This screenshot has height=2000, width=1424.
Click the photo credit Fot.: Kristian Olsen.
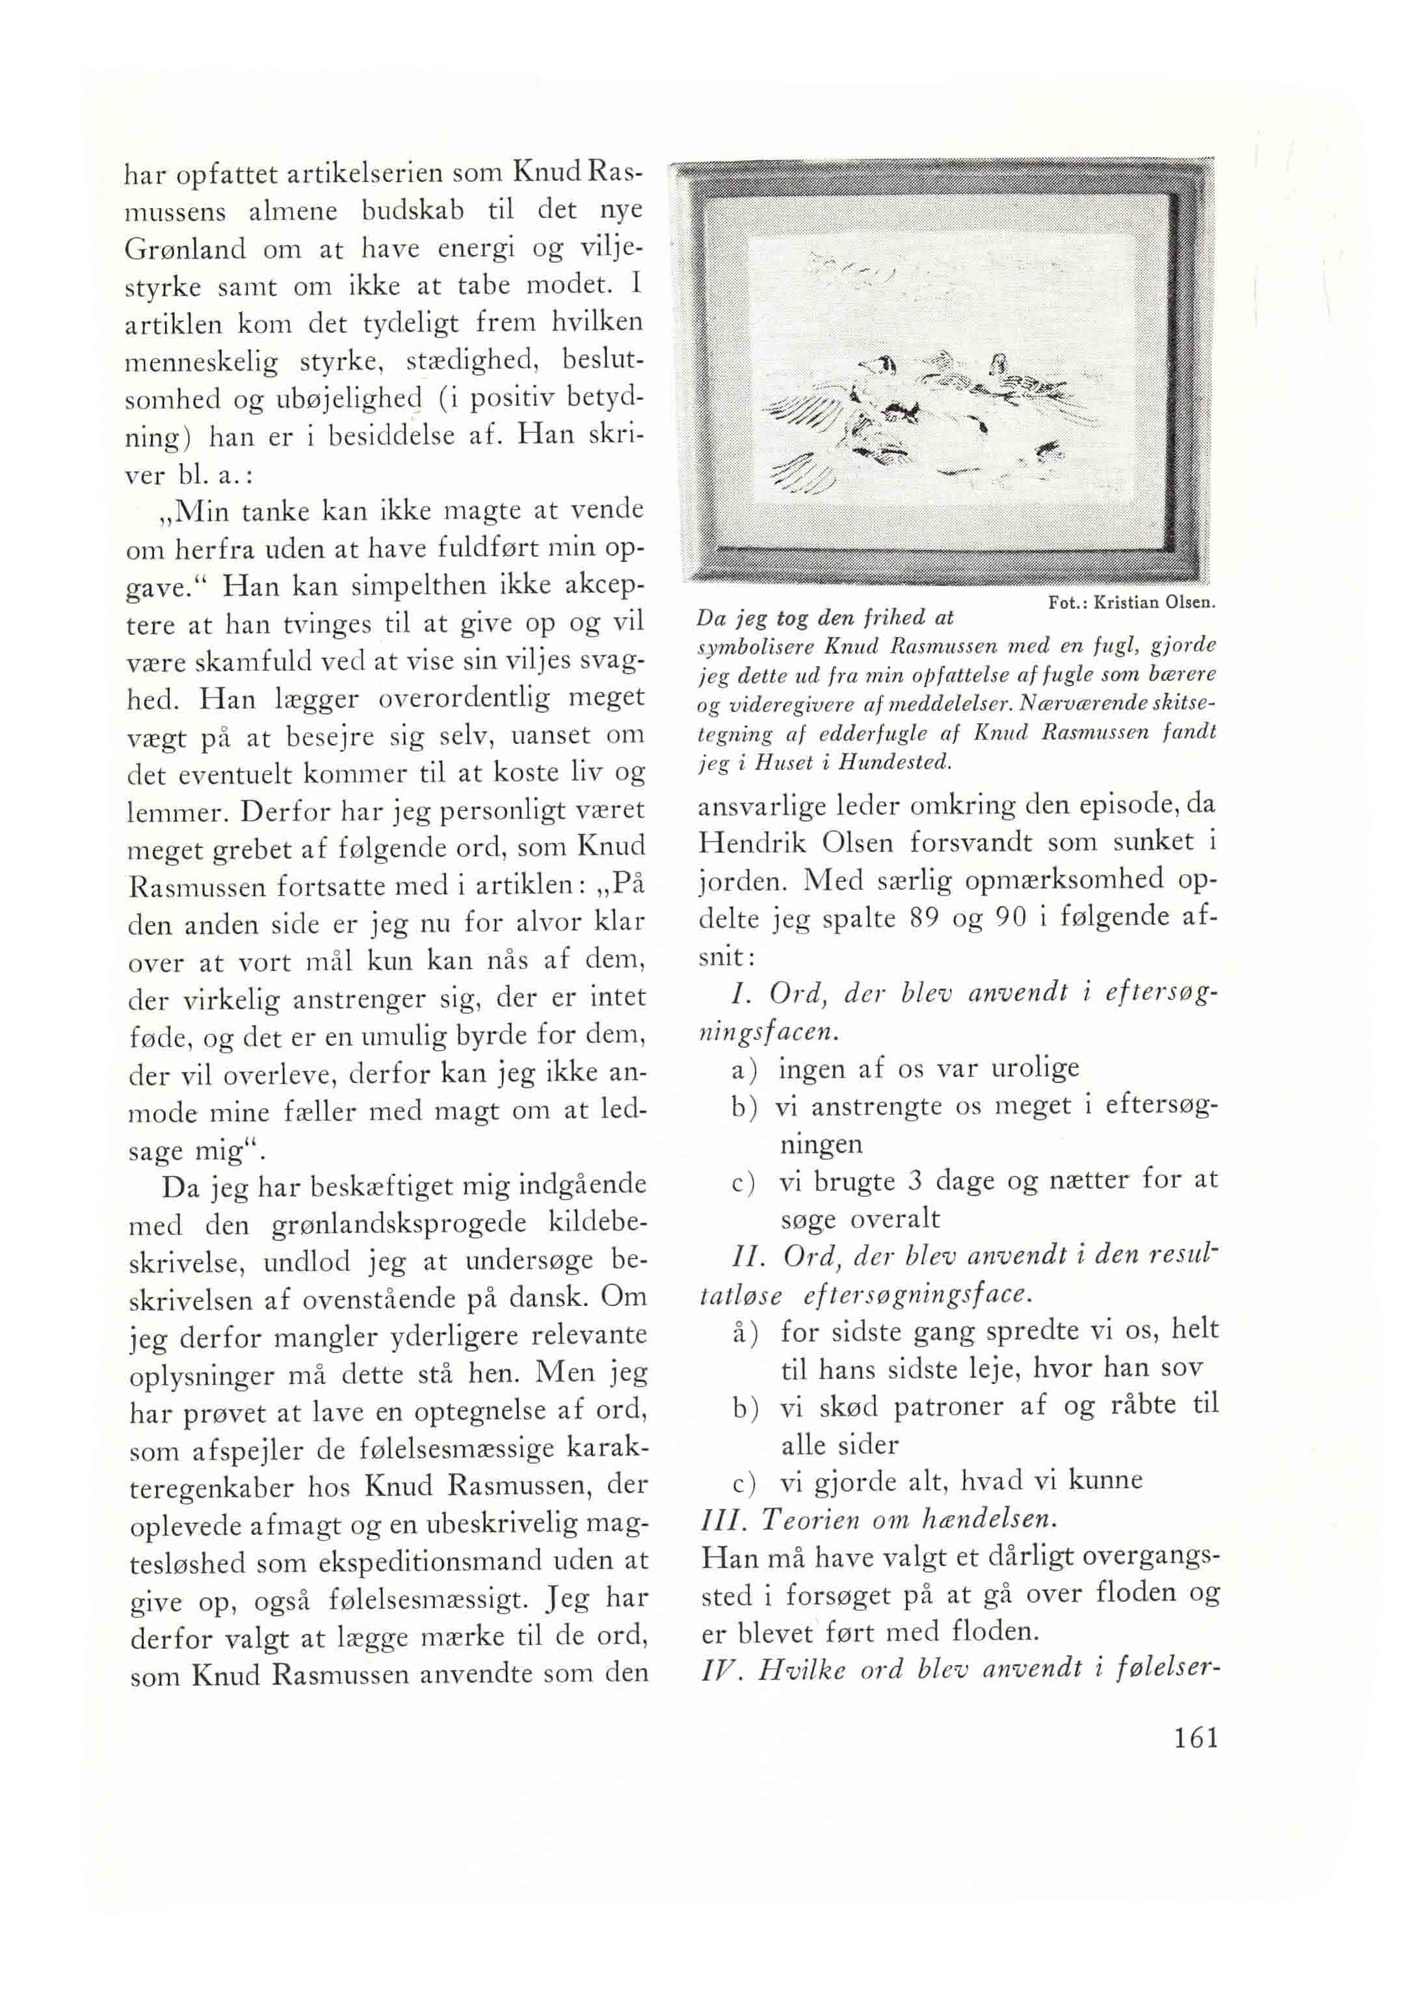(x=1131, y=603)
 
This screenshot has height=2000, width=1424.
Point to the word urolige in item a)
(x=1035, y=1067)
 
